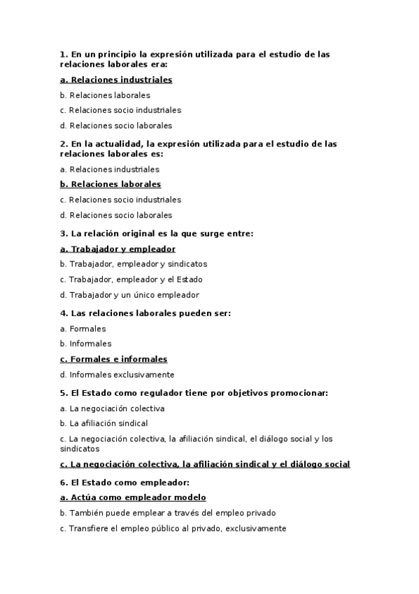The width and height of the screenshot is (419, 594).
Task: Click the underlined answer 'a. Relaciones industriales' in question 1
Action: pos(116,80)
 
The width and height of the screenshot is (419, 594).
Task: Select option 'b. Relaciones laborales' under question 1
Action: pos(105,95)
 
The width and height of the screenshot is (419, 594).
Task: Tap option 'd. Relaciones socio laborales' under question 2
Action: pos(115,215)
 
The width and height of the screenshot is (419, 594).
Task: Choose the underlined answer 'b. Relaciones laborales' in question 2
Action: pos(111,184)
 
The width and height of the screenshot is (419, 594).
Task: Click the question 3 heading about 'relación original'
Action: pos(156,233)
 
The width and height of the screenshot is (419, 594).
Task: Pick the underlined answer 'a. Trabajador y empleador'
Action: pos(118,249)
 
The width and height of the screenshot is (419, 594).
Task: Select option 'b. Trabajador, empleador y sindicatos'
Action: pos(134,264)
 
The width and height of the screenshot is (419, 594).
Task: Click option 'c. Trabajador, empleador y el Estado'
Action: pos(130,279)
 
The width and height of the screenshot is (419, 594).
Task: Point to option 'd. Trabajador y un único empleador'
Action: pos(129,295)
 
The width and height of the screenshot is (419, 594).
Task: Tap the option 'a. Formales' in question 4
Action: pos(83,329)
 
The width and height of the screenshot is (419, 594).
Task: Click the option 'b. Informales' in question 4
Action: pos(85,344)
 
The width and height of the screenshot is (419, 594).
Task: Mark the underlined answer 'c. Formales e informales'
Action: pos(114,359)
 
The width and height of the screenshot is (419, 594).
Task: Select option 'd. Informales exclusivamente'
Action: pos(117,375)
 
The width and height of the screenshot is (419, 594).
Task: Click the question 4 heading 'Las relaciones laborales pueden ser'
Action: pos(145,313)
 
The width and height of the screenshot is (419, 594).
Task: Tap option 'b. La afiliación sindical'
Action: pos(104,424)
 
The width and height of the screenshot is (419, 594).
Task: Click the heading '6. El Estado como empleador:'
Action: pos(125,483)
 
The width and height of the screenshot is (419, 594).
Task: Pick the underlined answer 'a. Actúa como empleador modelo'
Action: pos(133,498)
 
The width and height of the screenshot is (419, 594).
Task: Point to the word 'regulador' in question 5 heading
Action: pos(145,393)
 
